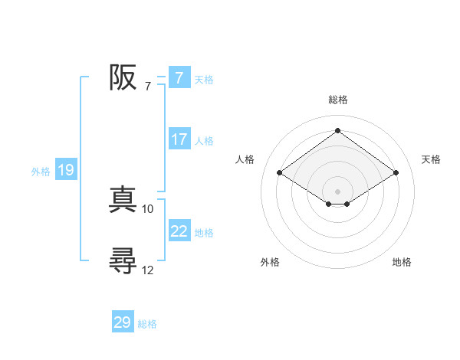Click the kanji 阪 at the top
(123, 77)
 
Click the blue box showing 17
(179, 139)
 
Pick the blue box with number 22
(179, 231)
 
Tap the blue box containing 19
(65, 170)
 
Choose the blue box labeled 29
(123, 322)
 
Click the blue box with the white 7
(179, 77)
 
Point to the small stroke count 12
(148, 270)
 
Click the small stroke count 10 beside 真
(148, 208)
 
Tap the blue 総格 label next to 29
(148, 324)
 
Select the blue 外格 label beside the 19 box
(41, 172)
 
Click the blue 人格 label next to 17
(205, 141)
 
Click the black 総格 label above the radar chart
(337, 100)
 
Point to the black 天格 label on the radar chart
(431, 159)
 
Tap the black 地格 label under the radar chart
(402, 263)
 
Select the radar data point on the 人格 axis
(279, 173)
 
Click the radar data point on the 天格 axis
(396, 173)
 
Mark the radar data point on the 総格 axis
(337, 131)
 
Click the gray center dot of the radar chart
(337, 191)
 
